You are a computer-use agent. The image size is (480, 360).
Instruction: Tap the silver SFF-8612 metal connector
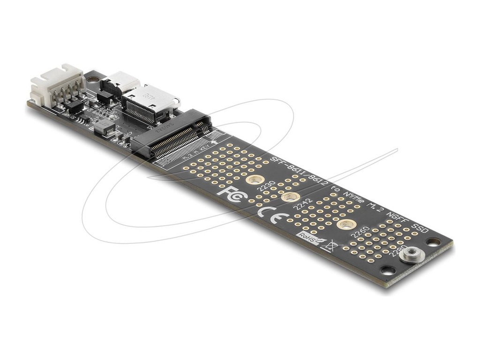[150, 104]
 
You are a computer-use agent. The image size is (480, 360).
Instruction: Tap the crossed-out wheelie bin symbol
[330, 246]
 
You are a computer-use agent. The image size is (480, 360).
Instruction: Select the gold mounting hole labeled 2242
[291, 197]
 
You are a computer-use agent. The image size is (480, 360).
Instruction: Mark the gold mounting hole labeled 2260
[345, 225]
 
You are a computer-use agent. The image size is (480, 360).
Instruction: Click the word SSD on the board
[420, 229]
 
